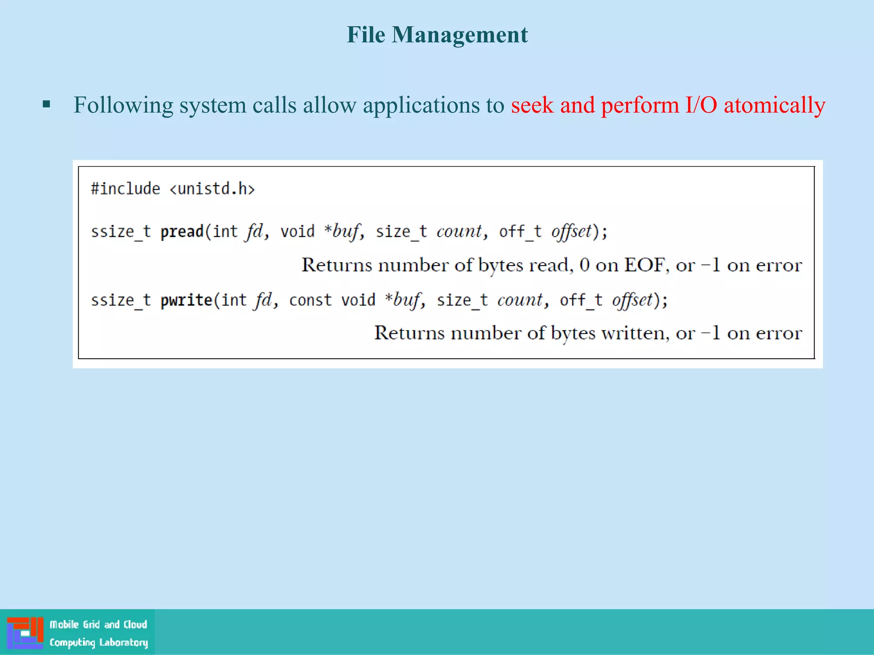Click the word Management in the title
click(460, 35)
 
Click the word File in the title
click(366, 35)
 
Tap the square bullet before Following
click(47, 104)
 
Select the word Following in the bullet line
click(123, 105)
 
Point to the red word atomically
click(774, 105)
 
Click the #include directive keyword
click(125, 188)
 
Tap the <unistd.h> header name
click(212, 188)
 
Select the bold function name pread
click(182, 232)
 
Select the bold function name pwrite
click(186, 300)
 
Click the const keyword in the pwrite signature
click(310, 300)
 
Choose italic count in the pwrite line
click(520, 300)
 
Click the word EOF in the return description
click(644, 265)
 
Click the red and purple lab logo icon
click(25, 633)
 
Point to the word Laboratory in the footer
click(123, 642)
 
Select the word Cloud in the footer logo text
click(135, 625)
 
